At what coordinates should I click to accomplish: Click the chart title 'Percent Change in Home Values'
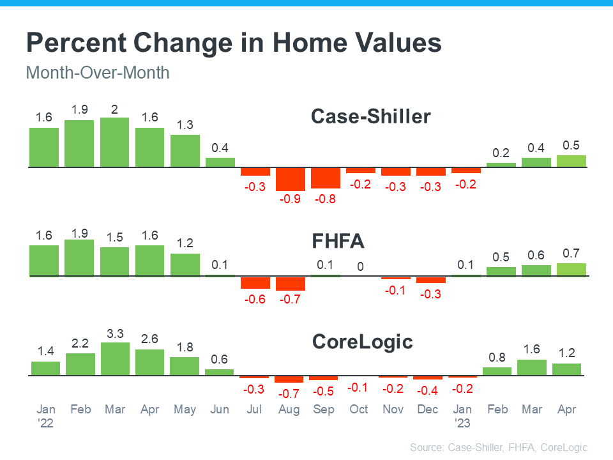tap(233, 43)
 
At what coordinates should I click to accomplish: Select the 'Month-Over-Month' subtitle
tap(97, 73)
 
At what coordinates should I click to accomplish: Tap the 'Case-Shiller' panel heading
tap(370, 117)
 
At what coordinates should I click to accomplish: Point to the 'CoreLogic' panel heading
tap(362, 342)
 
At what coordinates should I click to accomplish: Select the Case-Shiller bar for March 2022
tap(115, 142)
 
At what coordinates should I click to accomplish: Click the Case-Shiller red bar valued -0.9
tap(290, 179)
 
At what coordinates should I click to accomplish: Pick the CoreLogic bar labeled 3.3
tap(115, 359)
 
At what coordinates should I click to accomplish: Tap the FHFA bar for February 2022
tap(80, 258)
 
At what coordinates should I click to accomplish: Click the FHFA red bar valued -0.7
tap(290, 283)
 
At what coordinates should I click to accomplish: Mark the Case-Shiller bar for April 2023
tap(571, 161)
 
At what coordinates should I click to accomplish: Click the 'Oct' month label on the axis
tap(359, 410)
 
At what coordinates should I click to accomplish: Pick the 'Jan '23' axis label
tap(462, 415)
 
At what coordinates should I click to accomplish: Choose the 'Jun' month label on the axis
tap(220, 410)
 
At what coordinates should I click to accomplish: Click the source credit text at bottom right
tap(498, 447)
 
